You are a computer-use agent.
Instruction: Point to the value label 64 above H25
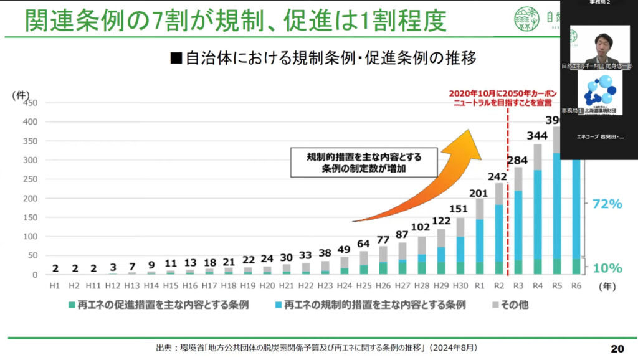point(364,243)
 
